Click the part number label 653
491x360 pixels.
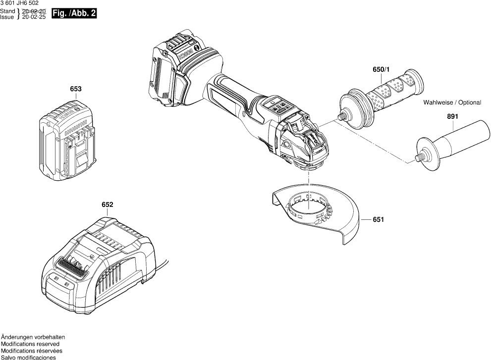[x=76, y=89]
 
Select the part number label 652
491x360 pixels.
[x=108, y=205]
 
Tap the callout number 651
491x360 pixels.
[x=378, y=219]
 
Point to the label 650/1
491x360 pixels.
[x=381, y=70]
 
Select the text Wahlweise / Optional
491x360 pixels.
[x=452, y=103]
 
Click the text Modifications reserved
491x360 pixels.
[x=30, y=344]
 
